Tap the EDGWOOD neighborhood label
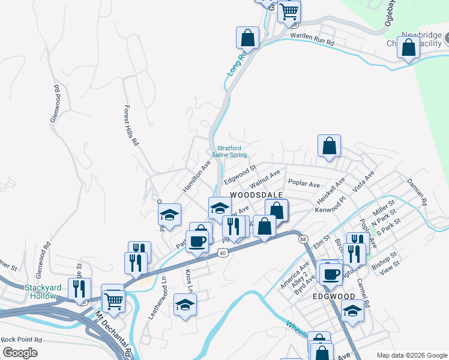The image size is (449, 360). [333, 296]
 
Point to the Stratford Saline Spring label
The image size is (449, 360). [232, 151]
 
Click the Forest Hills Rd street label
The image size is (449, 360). [131, 127]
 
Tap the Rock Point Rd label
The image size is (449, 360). [21, 339]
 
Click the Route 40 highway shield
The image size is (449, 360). [222, 253]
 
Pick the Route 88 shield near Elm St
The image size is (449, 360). [303, 239]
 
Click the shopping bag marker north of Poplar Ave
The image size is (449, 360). [329, 145]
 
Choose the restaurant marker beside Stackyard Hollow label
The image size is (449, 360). [79, 289]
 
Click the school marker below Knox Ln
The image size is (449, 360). [185, 305]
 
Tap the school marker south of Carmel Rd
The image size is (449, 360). [352, 310]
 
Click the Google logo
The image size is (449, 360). [20, 352]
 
